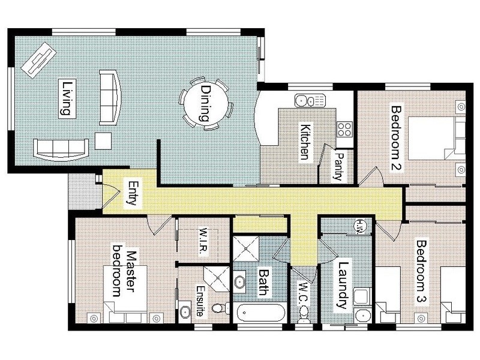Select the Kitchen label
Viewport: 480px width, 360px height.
pos(305,142)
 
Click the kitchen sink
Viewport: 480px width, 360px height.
pos(310,100)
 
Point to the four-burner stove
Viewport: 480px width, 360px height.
pos(344,129)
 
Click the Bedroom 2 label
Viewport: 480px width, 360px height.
pos(396,139)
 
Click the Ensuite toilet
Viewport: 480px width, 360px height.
pos(220,308)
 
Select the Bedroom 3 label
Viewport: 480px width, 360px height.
pos(421,271)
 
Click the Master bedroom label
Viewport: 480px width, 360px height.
pos(124,271)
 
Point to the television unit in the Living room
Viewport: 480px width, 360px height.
pos(38,60)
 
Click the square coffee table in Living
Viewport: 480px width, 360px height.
pos(103,141)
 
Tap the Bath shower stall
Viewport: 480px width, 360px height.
pos(246,248)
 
